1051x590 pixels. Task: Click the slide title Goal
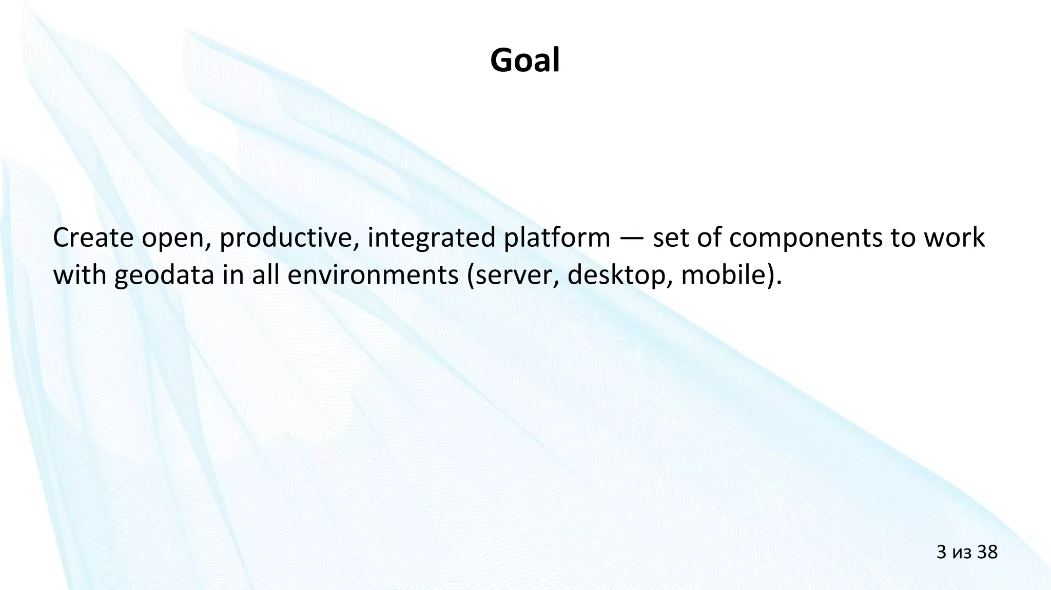[524, 61]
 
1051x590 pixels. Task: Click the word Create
[93, 238]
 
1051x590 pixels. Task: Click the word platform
[557, 238]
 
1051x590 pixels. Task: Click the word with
[79, 276]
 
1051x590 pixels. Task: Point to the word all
[265, 276]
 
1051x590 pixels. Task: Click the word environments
[373, 276]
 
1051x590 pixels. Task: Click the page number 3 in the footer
[942, 552]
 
